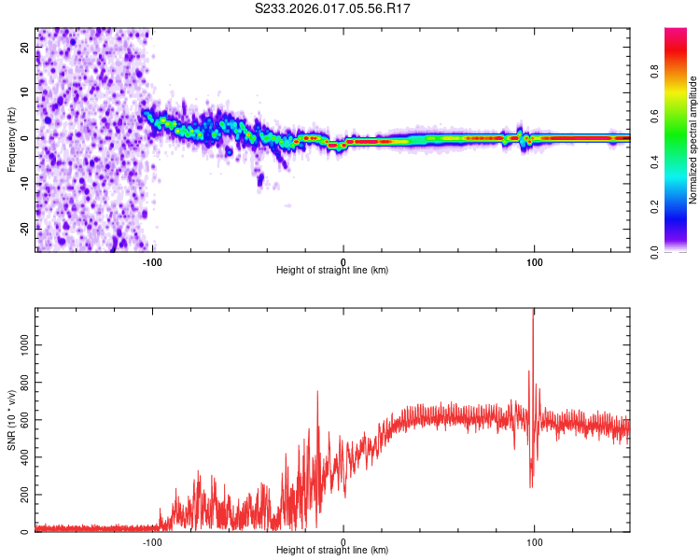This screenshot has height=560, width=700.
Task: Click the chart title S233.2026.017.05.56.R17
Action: (333, 8)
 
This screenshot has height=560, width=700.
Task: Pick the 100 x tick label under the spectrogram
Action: (534, 260)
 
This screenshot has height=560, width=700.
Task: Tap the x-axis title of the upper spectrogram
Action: (332, 271)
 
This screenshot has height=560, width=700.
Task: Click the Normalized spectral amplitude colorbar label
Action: (693, 140)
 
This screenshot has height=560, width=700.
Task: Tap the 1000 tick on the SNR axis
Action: (21, 344)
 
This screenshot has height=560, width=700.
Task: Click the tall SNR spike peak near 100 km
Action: (533, 312)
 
